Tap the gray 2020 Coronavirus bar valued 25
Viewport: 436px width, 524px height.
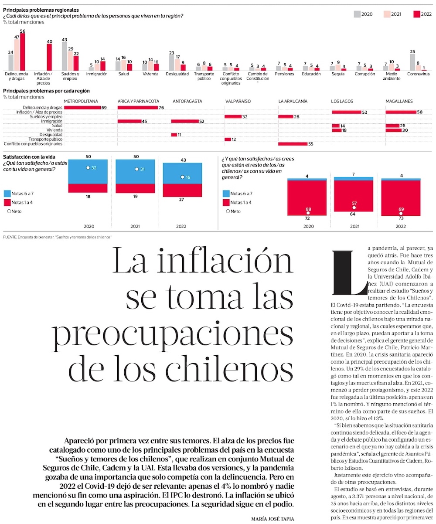coord(412,62)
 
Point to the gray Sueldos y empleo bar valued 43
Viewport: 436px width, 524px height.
coord(64,56)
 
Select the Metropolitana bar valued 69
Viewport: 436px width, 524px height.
coord(82,107)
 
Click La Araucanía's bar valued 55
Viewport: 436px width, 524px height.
coord(293,143)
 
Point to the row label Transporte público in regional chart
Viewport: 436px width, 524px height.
coord(45,139)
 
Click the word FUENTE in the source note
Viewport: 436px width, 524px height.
coord(10,237)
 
